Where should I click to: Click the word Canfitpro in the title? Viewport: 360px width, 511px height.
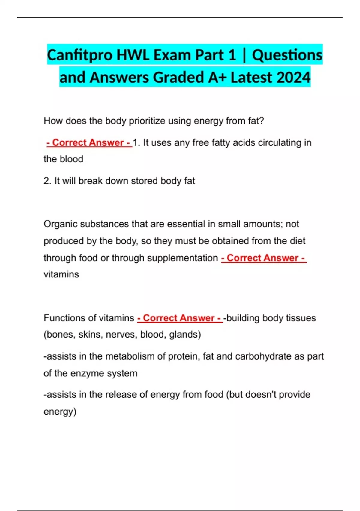[x=80, y=55]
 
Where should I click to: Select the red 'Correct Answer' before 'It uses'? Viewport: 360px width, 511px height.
[x=89, y=142]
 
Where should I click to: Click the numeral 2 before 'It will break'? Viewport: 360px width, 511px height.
[x=46, y=181]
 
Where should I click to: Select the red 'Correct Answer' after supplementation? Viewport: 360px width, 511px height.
[x=263, y=258]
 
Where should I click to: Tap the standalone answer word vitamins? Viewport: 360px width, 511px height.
[x=61, y=274]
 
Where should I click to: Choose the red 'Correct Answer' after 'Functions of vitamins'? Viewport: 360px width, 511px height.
[x=180, y=318]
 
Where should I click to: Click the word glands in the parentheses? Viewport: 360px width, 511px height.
[x=183, y=335]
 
